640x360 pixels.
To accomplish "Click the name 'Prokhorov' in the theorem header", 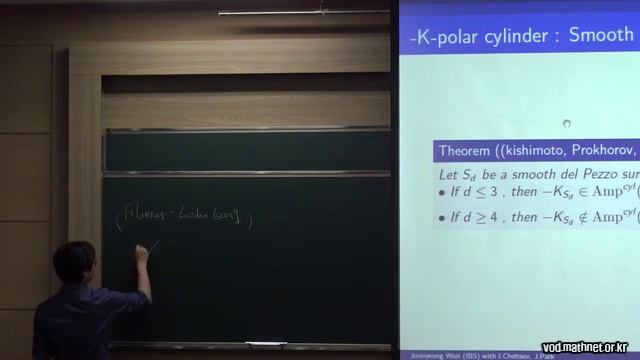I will (x=594, y=151).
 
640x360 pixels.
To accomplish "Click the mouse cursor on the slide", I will (x=566, y=124).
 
